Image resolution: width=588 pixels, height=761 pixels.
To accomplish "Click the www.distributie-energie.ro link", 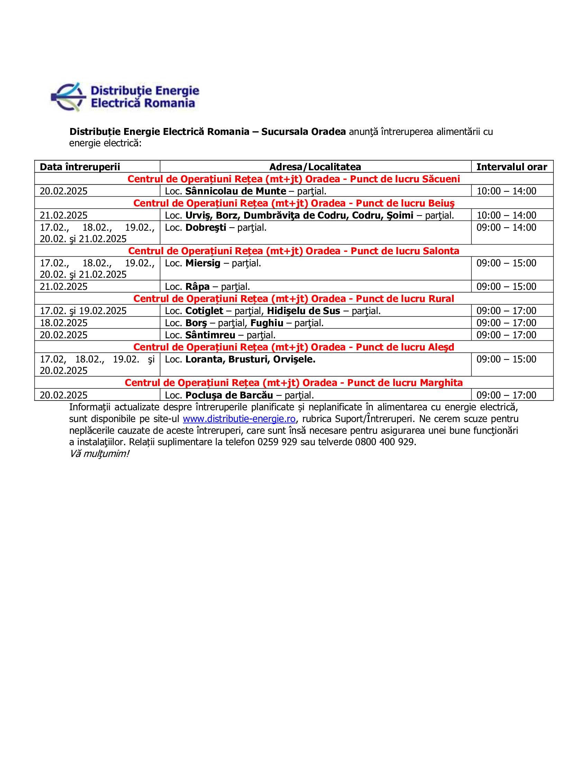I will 239,419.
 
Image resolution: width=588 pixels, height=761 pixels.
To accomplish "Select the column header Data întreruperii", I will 80,167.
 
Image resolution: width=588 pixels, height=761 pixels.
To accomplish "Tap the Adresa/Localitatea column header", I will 315,167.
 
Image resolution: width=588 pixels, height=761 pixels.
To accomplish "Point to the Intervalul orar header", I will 511,167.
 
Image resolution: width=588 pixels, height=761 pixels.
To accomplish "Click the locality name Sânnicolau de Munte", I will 236,191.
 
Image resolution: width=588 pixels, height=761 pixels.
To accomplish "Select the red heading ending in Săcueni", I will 294,179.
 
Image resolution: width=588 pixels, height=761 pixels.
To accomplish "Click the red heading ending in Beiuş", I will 294,203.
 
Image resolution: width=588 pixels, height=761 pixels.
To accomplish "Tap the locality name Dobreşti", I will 205,228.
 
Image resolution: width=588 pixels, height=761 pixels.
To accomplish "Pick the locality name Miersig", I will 203,263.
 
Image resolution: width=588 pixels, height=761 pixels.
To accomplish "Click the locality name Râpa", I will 197,286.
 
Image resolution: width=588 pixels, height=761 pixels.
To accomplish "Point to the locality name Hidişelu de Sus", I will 303,311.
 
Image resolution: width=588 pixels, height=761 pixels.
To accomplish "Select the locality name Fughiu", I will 267,323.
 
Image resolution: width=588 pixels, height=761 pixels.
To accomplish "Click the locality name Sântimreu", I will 210,335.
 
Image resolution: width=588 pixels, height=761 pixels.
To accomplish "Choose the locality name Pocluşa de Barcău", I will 229,395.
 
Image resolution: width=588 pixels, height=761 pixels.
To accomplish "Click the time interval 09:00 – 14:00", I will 506,228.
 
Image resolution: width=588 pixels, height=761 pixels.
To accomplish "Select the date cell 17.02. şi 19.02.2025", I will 83,311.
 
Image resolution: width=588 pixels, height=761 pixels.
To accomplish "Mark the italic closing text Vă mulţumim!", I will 99,454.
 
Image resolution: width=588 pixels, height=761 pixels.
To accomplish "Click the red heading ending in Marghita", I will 294,383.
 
